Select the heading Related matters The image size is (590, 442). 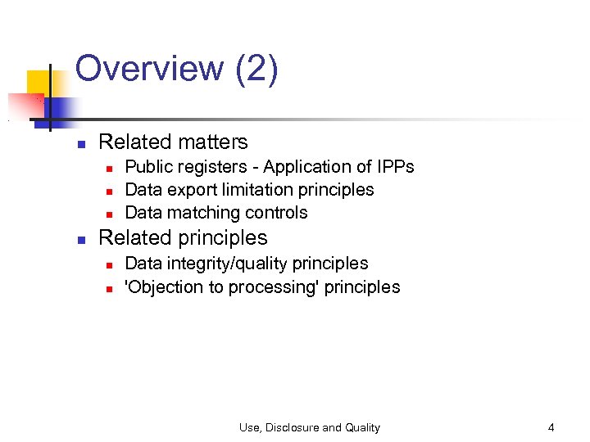click(x=173, y=142)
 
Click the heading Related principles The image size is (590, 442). click(x=183, y=237)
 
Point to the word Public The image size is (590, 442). click(x=151, y=167)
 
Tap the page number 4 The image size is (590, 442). click(x=551, y=427)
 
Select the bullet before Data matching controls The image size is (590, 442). click(x=108, y=214)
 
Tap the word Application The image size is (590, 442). click(x=303, y=167)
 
